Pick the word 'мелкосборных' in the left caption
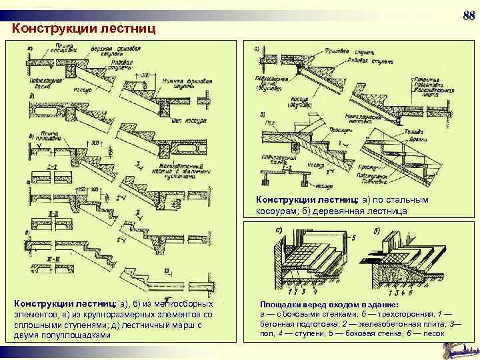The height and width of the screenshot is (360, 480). (192, 304)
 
